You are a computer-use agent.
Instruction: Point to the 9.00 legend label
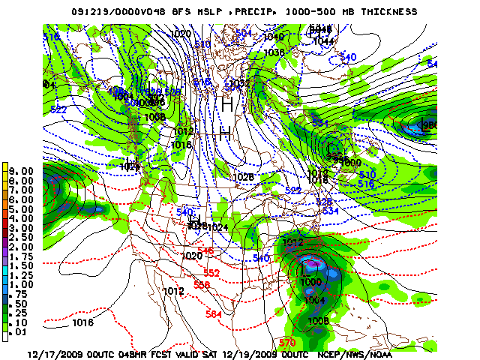tap(22, 171)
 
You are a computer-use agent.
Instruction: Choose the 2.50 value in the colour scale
tap(22, 237)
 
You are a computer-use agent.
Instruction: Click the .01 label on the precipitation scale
tap(22, 331)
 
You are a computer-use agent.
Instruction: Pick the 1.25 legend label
tap(22, 274)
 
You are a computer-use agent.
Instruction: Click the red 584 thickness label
tap(214, 314)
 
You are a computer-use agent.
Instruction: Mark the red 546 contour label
tap(205, 250)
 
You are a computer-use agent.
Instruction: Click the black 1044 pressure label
tap(323, 42)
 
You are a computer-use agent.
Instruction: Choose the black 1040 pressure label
tap(274, 36)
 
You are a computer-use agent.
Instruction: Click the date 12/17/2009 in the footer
tap(55, 352)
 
